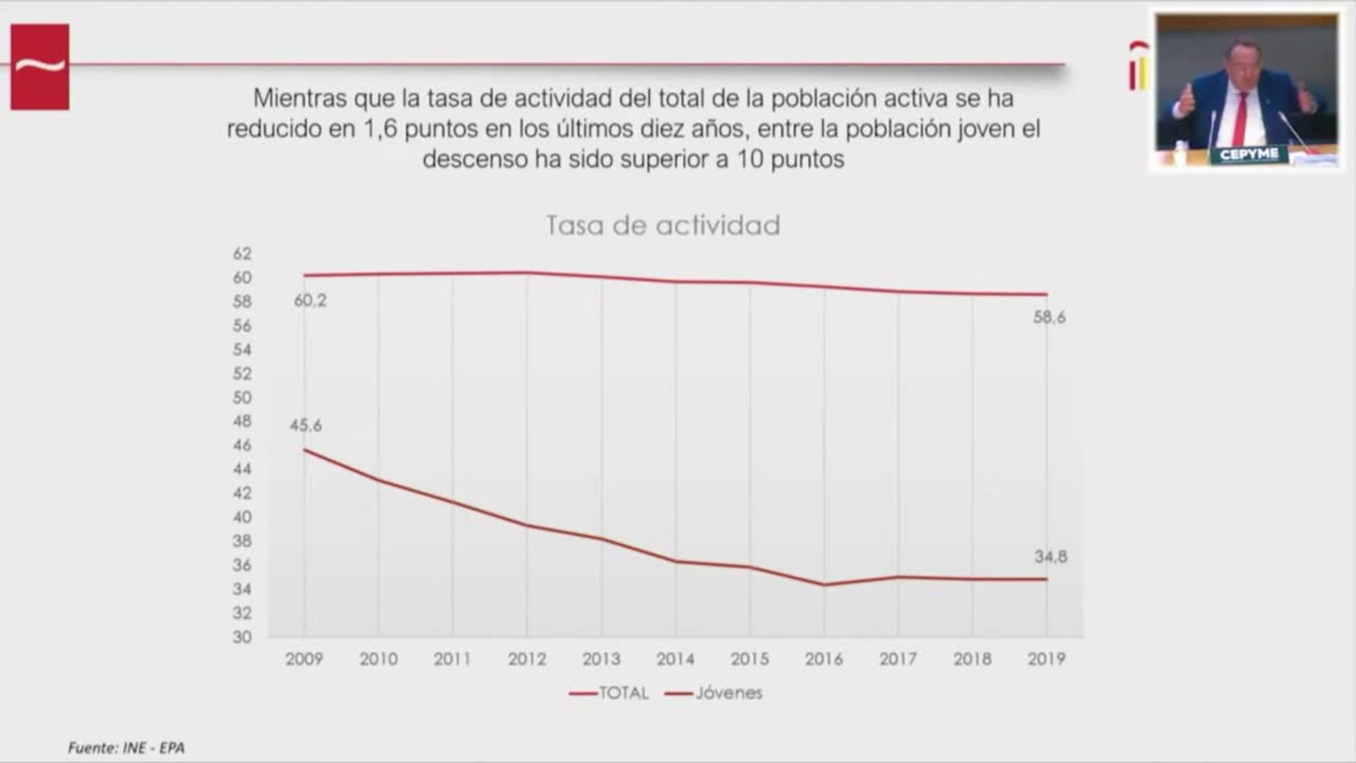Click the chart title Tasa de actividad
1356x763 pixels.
[662, 225]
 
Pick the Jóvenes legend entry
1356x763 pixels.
[715, 693]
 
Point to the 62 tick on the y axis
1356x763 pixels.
[242, 254]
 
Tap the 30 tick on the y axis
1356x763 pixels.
[242, 637]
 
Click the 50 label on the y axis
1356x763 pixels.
[242, 398]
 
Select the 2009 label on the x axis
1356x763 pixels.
[304, 659]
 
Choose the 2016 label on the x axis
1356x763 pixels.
[823, 659]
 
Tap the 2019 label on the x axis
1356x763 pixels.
[1046, 659]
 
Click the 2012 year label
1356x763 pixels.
[527, 659]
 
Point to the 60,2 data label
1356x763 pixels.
[310, 301]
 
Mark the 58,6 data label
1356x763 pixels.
[1049, 318]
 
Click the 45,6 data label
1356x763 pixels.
[305, 426]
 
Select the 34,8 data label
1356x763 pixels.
[1050, 557]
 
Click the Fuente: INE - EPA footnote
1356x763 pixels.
[126, 747]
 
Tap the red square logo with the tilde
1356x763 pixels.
[40, 67]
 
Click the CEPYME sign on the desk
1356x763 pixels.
[1249, 154]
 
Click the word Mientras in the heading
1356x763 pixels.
[300, 98]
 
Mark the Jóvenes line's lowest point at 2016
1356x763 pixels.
[824, 584]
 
